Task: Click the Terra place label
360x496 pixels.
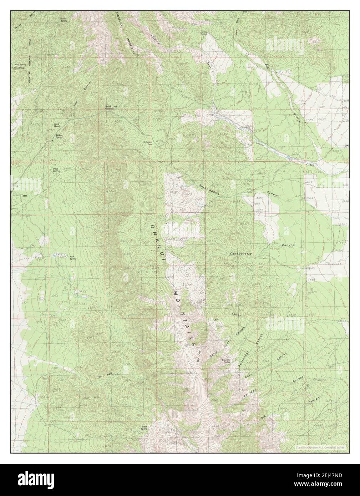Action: click(x=24, y=196)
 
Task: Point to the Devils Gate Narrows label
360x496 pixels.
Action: click(x=111, y=108)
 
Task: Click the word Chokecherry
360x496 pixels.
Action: click(x=241, y=254)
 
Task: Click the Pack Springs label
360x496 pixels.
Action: click(x=56, y=170)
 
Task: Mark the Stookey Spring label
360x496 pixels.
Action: click(x=225, y=361)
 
